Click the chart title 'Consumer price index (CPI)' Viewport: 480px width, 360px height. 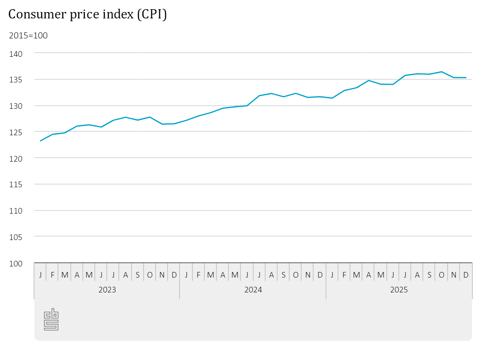tap(87, 14)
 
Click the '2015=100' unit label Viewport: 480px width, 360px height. tap(28, 36)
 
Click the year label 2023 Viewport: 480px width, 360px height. tap(107, 290)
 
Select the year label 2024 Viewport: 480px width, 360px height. tap(253, 290)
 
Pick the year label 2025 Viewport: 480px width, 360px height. tap(399, 290)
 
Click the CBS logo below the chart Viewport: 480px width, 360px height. tap(51, 319)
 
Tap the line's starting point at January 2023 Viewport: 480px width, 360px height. tap(40, 141)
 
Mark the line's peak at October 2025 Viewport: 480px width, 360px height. tap(442, 72)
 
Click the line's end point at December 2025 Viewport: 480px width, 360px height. tap(466, 78)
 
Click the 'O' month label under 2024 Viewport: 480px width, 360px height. tap(296, 275)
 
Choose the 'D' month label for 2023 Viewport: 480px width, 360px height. tap(174, 275)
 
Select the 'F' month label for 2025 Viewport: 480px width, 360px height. tap(344, 275)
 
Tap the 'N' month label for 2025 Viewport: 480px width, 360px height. tap(454, 275)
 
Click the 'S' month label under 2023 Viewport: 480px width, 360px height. tap(138, 275)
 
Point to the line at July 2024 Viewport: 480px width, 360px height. tap(259, 96)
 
